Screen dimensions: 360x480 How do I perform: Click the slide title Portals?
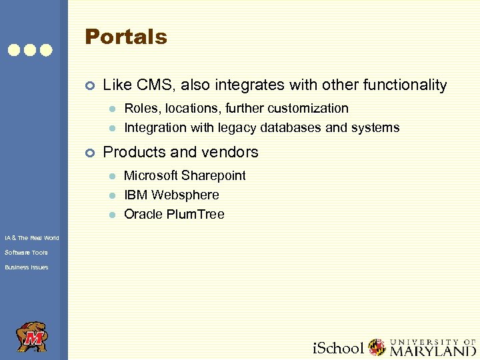[125, 37]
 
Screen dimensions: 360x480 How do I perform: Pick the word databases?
[286, 127]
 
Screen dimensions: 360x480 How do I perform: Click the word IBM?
[136, 195]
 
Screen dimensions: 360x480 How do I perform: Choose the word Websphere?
[185, 195]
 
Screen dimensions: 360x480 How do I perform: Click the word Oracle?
[143, 214]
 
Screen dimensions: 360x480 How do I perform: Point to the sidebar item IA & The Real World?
[31, 238]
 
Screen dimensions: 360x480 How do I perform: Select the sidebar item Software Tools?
[26, 253]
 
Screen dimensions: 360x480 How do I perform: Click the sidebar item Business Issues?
[26, 267]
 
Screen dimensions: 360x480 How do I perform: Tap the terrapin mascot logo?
[31, 337]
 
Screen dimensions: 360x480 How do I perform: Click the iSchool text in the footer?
[338, 348]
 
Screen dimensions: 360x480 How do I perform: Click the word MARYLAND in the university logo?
[433, 349]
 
